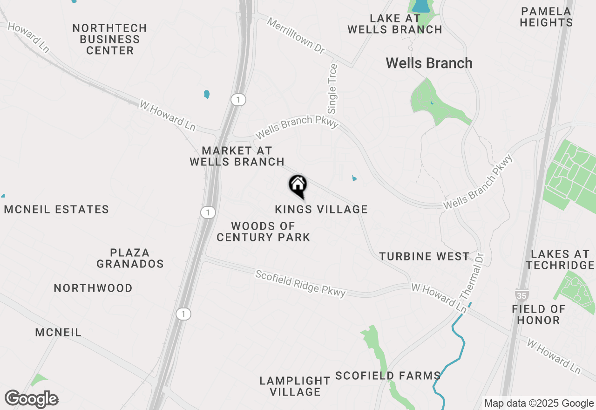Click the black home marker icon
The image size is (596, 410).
(298, 185)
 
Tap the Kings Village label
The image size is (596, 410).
(321, 210)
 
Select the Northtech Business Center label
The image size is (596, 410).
(110, 40)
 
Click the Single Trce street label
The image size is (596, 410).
(333, 89)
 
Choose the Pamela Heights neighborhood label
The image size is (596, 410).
(546, 17)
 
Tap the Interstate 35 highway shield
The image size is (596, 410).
(521, 295)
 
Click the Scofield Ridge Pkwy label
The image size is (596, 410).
(300, 283)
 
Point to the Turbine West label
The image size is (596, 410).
(424, 256)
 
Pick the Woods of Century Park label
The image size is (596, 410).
(264, 232)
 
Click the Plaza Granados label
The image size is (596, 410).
(130, 258)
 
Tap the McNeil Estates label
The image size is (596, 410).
(56, 210)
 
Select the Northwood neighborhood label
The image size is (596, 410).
(93, 288)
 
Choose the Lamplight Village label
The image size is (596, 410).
(295, 386)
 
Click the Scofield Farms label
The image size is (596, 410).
(388, 376)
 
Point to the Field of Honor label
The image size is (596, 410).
(539, 314)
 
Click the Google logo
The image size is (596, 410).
(31, 399)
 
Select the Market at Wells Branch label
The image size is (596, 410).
(237, 156)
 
